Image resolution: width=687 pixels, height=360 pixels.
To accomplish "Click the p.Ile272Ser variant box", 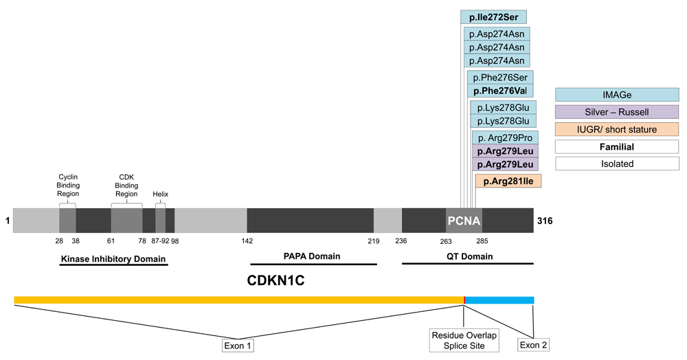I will point(493,17).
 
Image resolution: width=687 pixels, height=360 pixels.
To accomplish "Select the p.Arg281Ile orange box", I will point(508,181).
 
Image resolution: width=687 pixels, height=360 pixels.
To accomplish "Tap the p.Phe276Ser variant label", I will point(500,78).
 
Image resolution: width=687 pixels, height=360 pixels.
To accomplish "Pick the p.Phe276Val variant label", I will point(500,91).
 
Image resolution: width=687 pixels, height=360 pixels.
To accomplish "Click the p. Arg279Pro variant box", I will point(505,137).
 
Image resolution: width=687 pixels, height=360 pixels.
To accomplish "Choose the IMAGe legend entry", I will point(616,94).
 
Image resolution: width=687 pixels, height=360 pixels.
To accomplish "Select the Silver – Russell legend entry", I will point(616,111).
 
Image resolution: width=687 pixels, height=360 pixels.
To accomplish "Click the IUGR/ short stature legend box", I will point(616,129).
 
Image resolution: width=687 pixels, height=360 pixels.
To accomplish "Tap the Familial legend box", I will point(616,146).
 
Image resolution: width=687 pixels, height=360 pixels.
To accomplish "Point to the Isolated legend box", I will point(616,164).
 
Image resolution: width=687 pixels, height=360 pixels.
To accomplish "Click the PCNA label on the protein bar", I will point(464,221).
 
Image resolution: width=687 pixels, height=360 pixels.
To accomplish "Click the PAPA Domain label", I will point(312,256).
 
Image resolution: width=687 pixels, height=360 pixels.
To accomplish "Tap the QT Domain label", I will point(466,256).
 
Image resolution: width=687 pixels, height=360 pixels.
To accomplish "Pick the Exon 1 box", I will point(238,345).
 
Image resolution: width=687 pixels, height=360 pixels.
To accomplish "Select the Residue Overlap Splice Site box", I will point(464,340).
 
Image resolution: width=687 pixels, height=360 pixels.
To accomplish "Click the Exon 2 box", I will point(533,345).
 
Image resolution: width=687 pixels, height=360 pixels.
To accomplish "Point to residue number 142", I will point(247,240).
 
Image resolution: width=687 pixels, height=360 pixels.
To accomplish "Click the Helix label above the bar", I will point(160,194).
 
